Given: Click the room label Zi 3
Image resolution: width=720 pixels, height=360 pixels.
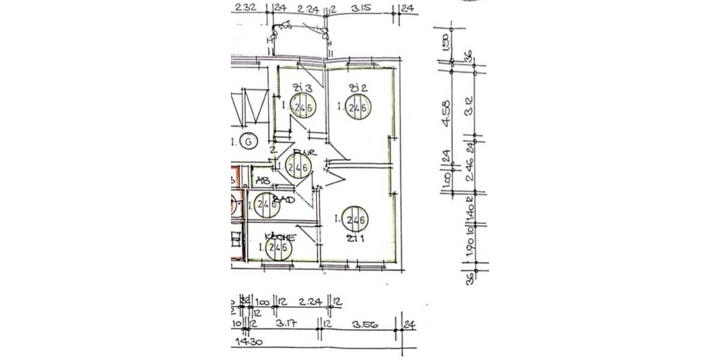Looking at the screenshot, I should (299, 88).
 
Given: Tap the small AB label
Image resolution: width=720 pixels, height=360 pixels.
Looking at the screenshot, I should (262, 179).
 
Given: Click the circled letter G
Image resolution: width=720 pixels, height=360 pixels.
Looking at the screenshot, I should (247, 141).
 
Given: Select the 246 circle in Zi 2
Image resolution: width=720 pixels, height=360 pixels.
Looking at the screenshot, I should (358, 108).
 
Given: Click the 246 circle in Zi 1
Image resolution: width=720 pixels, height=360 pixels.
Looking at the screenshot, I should (355, 220).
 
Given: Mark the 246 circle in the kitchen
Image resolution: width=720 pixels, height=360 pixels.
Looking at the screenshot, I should (278, 247).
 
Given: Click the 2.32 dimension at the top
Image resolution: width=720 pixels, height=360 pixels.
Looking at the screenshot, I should (246, 8).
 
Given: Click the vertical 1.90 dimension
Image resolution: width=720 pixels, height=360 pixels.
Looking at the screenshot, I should (470, 249).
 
